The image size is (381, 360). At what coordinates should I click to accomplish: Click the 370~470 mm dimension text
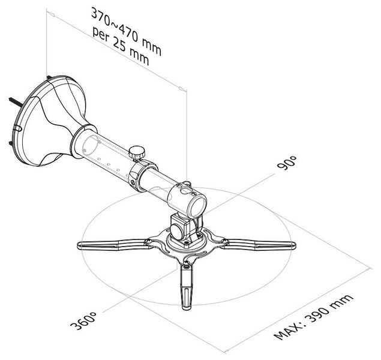(x=126, y=32)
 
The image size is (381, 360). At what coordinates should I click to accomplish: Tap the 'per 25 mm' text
(x=121, y=47)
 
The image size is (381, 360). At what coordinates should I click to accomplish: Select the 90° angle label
(x=287, y=163)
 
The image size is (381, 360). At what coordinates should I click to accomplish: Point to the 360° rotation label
(x=83, y=320)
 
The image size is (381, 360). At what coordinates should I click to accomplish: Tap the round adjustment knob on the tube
(x=137, y=152)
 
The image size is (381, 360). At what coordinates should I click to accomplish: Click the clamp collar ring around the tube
(x=142, y=175)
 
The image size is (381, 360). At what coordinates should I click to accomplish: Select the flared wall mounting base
(x=52, y=120)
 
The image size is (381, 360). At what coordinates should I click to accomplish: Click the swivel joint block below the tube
(x=185, y=229)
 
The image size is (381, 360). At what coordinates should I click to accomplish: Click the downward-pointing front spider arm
(x=187, y=287)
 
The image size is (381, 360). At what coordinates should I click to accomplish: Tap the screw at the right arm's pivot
(x=224, y=241)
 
